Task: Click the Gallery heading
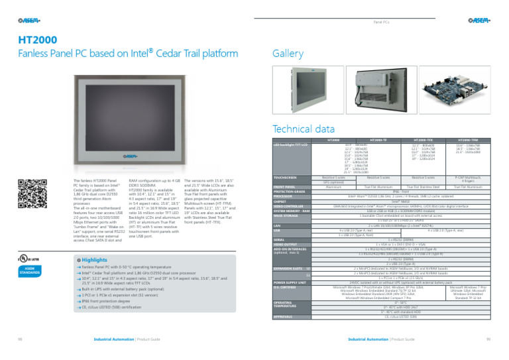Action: [x=288, y=53]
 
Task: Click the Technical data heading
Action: [x=304, y=129]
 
